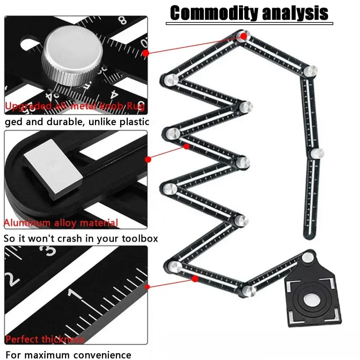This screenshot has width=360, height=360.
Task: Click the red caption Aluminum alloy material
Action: coord(61,223)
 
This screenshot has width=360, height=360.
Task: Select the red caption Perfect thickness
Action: coord(45,339)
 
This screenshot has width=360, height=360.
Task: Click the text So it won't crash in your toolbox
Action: coord(81,238)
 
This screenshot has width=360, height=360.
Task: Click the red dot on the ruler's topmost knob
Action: coord(243,36)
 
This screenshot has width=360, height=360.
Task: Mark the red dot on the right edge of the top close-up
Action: coord(145,53)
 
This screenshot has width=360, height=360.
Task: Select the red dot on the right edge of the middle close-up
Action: coord(148,159)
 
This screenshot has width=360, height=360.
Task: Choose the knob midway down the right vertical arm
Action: coord(317,153)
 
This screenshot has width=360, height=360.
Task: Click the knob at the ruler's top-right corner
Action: coord(310,71)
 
